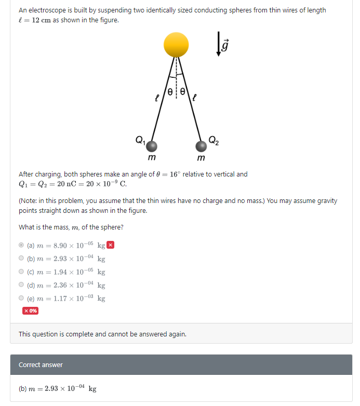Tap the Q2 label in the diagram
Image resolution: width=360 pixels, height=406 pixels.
214,139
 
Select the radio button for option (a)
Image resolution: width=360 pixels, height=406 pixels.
21,245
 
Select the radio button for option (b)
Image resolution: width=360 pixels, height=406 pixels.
21,258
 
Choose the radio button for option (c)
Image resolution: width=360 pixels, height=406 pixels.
21,272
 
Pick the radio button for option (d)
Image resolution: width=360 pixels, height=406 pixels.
21,285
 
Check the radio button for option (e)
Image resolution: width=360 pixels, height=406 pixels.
21,298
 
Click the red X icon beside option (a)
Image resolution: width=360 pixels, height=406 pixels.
110,245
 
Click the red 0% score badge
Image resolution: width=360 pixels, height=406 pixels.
30,310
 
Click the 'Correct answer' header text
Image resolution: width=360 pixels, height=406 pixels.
41,364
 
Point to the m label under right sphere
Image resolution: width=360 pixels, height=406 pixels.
201,158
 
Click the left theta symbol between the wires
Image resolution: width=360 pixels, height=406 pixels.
170,88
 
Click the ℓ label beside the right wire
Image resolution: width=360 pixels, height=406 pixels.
195,97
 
